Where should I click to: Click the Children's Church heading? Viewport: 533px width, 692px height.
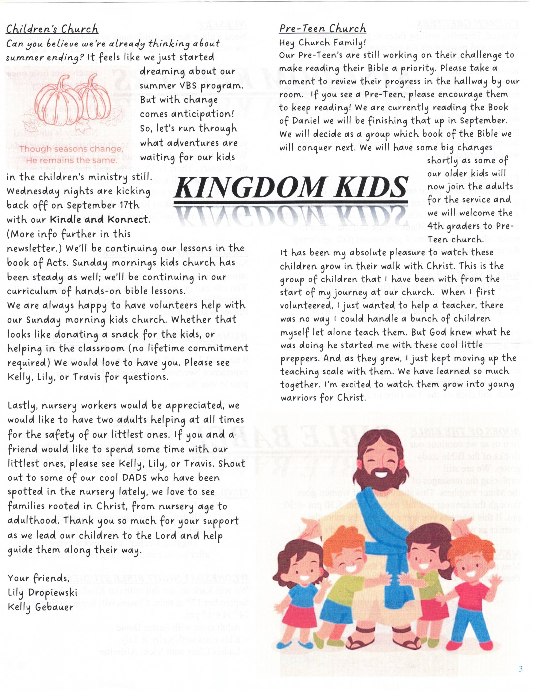(52, 29)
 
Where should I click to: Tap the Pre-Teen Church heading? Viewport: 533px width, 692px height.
(322, 29)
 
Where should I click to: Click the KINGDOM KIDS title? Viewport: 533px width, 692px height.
(291, 187)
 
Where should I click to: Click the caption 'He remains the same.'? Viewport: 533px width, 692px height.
(72, 160)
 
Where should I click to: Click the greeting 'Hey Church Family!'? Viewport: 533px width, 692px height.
(322, 42)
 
